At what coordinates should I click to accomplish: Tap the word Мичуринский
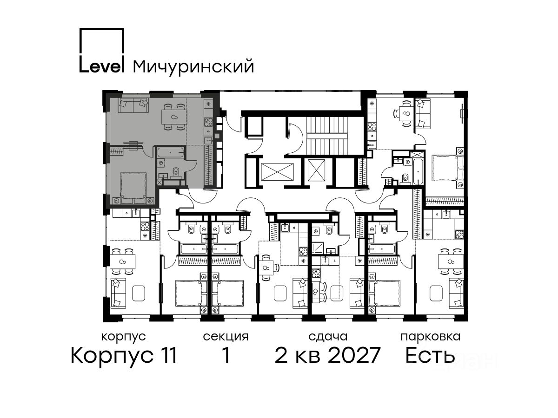coord(193,67)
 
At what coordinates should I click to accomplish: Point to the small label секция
coord(226,337)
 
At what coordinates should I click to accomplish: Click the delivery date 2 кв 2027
coord(327,355)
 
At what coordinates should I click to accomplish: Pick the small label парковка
coord(431,337)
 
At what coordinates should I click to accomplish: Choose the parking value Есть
coord(430,355)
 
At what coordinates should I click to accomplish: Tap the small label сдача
coord(328,337)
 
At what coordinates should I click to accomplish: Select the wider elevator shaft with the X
coord(277,172)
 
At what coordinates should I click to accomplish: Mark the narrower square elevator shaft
coord(316,170)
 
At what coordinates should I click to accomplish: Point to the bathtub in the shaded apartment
coord(171,152)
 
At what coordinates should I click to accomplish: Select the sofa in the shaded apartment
coord(133,105)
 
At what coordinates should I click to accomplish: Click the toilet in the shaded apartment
coord(175,171)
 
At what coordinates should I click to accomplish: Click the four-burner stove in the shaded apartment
coord(208,122)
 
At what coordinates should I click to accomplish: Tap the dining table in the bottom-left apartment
coord(123,261)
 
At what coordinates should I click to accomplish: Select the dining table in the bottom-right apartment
coord(451,261)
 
